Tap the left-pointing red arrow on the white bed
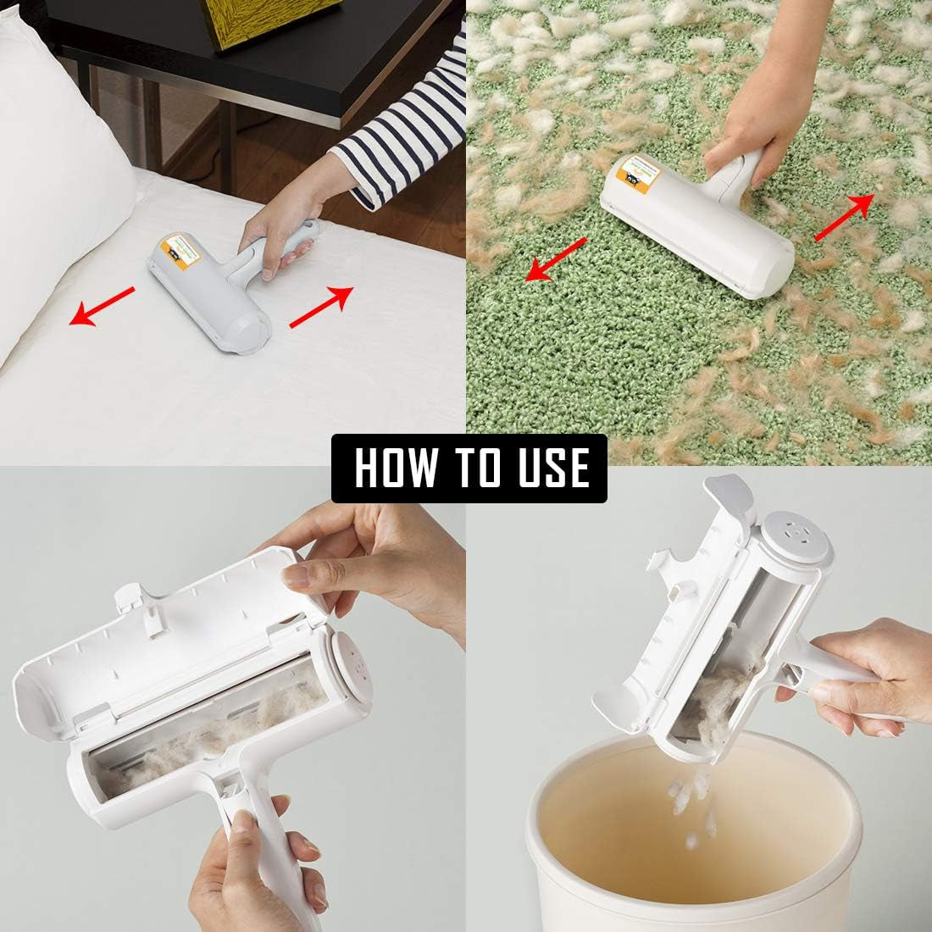(x=102, y=306)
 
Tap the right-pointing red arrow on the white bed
(x=321, y=306)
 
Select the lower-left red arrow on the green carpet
(x=556, y=258)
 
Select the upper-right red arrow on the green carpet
(x=844, y=217)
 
